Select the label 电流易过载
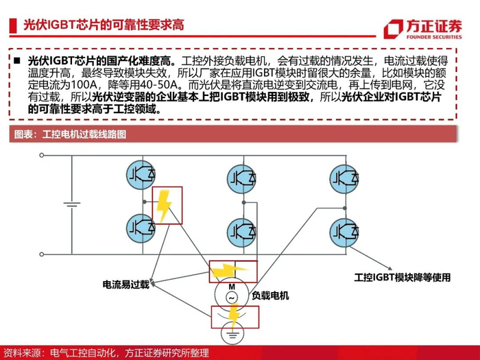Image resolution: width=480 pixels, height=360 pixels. (x=125, y=284)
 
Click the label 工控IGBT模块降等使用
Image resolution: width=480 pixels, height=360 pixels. (x=403, y=278)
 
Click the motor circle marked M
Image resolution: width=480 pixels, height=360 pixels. (x=232, y=293)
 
